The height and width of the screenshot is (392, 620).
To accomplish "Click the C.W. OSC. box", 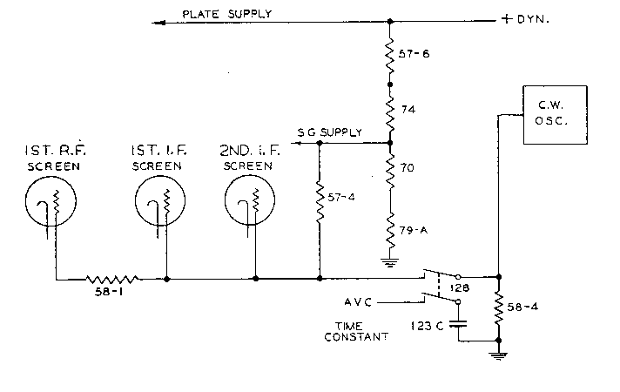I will pos(548,111).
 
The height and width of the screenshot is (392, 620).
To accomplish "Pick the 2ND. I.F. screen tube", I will pos(252,206).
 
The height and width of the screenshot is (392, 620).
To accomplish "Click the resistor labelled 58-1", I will pos(113,279).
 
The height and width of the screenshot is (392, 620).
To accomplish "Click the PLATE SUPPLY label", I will pos(226,13).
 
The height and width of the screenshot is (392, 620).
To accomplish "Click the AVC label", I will pos(359,303).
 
